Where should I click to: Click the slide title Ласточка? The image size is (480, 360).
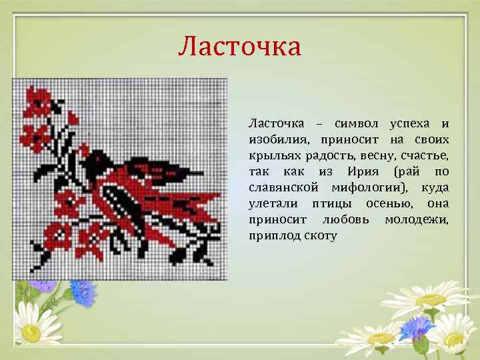[x=239, y=46]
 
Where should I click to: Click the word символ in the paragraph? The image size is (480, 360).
[x=357, y=124]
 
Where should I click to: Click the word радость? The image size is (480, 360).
[x=330, y=156]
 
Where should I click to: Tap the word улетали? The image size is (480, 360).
[x=272, y=203]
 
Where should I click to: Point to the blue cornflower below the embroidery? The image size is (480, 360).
[x=83, y=291]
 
